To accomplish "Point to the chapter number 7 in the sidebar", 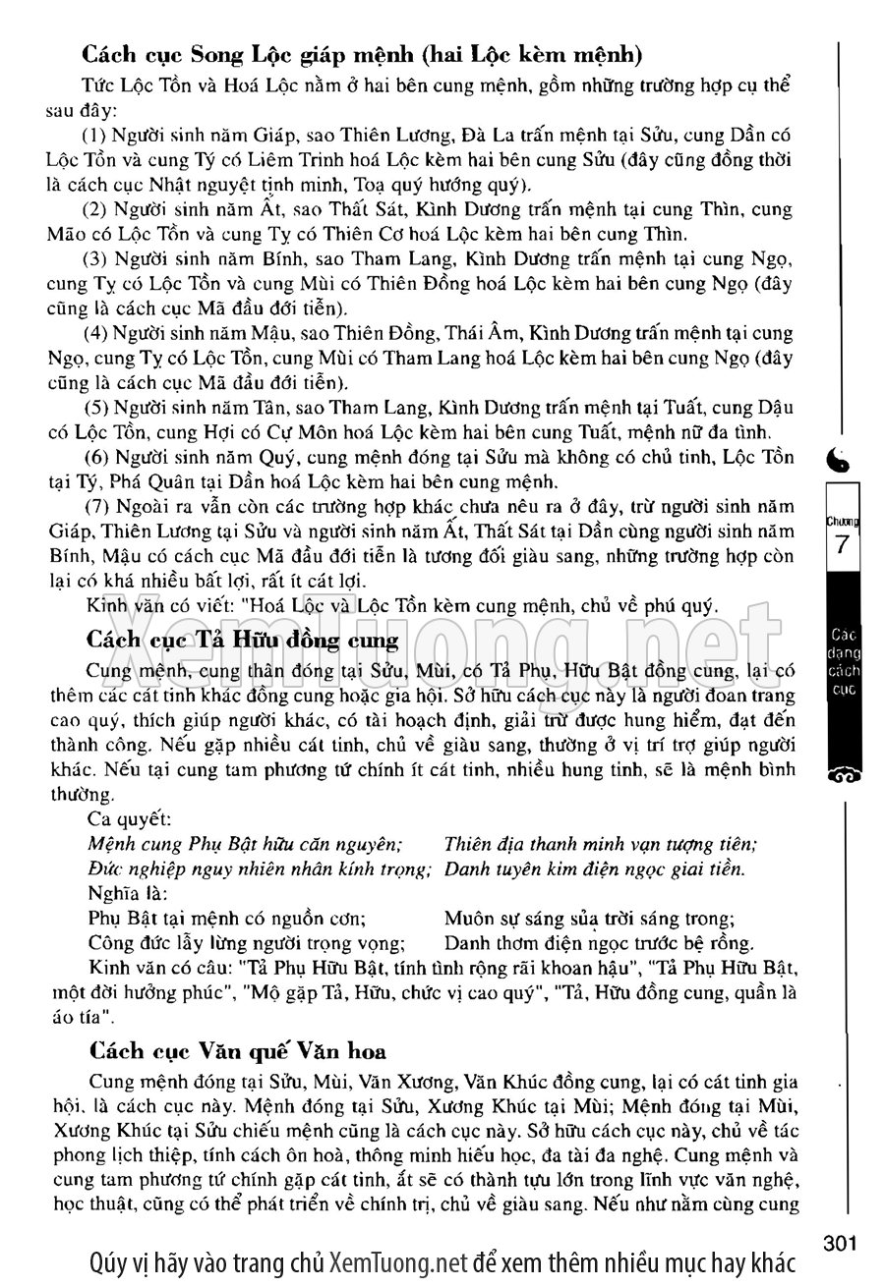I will [x=842, y=545].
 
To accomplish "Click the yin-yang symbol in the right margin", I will [x=843, y=456].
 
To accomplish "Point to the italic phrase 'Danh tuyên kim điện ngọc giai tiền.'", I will [x=595, y=868].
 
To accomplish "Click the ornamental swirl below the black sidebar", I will [x=843, y=775].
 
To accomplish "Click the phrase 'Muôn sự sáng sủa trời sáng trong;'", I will [x=589, y=919].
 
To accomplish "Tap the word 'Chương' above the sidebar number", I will [x=843, y=522].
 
